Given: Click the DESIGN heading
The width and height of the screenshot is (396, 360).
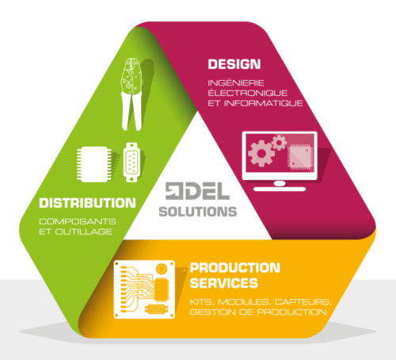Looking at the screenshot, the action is click(x=234, y=64).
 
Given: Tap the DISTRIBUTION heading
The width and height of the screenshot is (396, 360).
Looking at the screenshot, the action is click(x=87, y=203).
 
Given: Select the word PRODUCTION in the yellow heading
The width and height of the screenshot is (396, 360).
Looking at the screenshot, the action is click(x=235, y=268).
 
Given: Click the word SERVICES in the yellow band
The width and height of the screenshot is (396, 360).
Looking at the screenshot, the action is click(x=224, y=283).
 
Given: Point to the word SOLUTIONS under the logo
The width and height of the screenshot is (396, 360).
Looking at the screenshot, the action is click(x=198, y=212).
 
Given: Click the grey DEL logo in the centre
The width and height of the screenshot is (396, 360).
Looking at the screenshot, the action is click(x=197, y=191).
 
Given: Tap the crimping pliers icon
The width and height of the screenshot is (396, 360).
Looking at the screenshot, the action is click(x=131, y=94).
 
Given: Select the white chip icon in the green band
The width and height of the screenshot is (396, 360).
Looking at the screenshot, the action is click(x=94, y=164).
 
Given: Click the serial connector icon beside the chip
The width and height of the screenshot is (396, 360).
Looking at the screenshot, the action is click(x=131, y=163).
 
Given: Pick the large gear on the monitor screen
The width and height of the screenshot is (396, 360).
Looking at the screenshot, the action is click(x=261, y=154).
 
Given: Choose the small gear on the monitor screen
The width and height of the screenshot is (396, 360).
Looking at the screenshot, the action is click(x=279, y=143).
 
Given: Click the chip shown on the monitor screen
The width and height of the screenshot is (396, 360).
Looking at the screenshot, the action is click(x=301, y=157).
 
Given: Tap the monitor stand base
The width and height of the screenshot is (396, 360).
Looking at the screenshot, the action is click(x=280, y=189).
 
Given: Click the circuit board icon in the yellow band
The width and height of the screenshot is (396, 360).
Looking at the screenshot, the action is click(x=144, y=289).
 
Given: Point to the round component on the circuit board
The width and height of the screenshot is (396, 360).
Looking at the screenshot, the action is click(x=162, y=269).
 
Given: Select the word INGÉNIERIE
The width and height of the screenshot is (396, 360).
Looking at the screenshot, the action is click(x=236, y=83).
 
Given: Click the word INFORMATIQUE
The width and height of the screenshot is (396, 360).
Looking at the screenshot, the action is click(x=264, y=103).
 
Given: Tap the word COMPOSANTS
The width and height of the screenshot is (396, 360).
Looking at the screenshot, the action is click(x=78, y=221).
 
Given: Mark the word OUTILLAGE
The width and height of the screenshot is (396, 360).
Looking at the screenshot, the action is click(x=84, y=232).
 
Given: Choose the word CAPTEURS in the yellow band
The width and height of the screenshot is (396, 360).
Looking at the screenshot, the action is click(x=303, y=302).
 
